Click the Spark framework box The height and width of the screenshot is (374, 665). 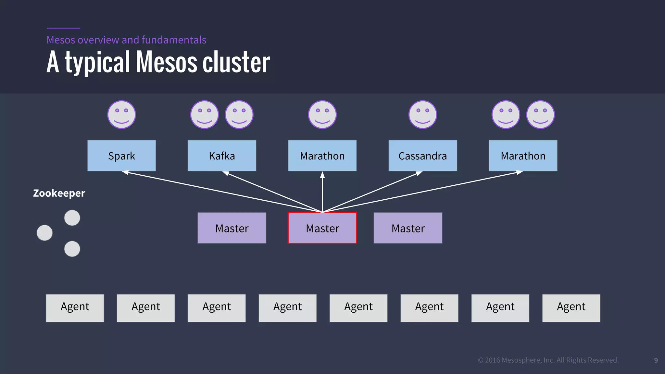pyautogui.click(x=121, y=156)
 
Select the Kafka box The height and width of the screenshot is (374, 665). pyautogui.click(x=222, y=156)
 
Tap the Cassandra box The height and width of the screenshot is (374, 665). pyautogui.click(x=422, y=156)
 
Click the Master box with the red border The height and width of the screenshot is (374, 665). pyautogui.click(x=322, y=228)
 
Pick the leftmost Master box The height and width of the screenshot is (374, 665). pyautogui.click(x=232, y=228)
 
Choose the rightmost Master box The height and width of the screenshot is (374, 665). pyautogui.click(x=408, y=228)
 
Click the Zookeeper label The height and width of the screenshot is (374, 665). pyautogui.click(x=59, y=193)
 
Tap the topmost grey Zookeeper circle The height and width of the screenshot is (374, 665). pyautogui.click(x=72, y=218)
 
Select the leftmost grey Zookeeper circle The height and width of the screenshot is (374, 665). pyautogui.click(x=45, y=233)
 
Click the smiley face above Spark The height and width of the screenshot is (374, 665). pyautogui.click(x=121, y=115)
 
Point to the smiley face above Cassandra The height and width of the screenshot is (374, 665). pyautogui.click(x=422, y=115)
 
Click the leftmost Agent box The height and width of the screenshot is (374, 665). pyautogui.click(x=75, y=308)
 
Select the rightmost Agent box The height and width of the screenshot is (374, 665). pyautogui.click(x=571, y=308)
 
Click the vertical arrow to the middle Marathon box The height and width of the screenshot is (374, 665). pyautogui.click(x=322, y=192)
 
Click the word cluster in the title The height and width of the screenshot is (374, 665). pyautogui.click(x=236, y=62)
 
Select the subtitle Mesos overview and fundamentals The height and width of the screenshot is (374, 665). pyautogui.click(x=126, y=40)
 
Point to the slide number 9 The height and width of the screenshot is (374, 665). pyautogui.click(x=656, y=360)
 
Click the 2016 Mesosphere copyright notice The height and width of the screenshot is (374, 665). pyautogui.click(x=548, y=360)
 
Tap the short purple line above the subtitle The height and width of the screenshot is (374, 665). pyautogui.click(x=63, y=28)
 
